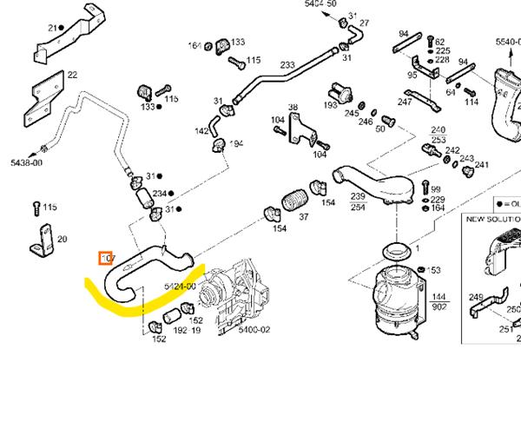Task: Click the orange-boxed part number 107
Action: coord(109,258)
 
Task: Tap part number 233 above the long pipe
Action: coord(287,65)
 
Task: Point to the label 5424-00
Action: coord(181,285)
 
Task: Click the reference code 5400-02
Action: coord(254,331)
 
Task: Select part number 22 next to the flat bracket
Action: coord(72,76)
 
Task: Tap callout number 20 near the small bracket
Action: coord(62,240)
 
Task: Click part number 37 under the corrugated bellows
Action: coord(304,217)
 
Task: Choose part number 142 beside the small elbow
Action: coord(201,131)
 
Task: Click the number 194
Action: coord(236,143)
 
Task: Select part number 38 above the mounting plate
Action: coord(293,108)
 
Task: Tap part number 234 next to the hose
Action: coord(159,194)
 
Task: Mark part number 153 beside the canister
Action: coord(434,271)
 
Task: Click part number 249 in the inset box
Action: coord(475,298)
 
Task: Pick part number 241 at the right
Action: coord(481,165)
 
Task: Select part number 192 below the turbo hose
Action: coord(180,331)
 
